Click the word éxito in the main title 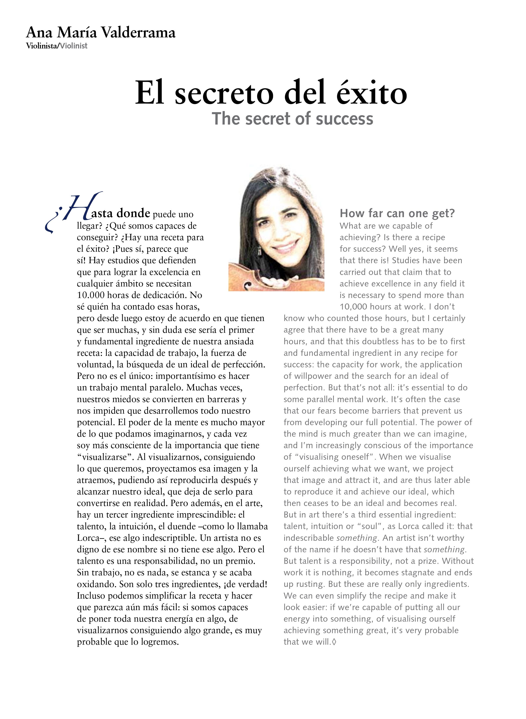coord(372,93)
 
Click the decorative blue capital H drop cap coord(81,207)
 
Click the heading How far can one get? coord(397,213)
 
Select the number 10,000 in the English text coord(353,307)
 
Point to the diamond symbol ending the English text coord(334,642)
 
